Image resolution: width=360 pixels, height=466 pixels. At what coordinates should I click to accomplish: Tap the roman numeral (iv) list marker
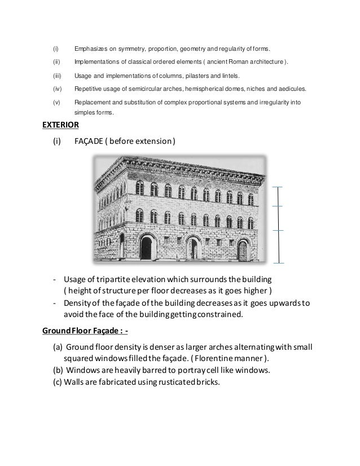[56, 89]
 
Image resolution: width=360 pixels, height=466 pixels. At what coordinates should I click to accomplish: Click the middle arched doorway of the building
[193, 248]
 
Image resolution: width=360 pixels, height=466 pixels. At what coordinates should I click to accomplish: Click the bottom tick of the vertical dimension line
[278, 262]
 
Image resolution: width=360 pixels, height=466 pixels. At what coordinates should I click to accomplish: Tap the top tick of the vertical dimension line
[278, 187]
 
